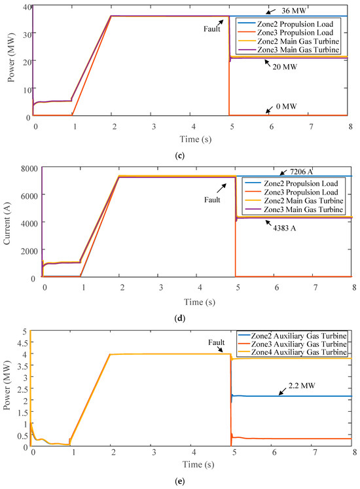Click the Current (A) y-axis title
tap(7, 223)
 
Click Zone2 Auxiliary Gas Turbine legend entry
tap(302, 336)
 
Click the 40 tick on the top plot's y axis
tap(24, 7)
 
